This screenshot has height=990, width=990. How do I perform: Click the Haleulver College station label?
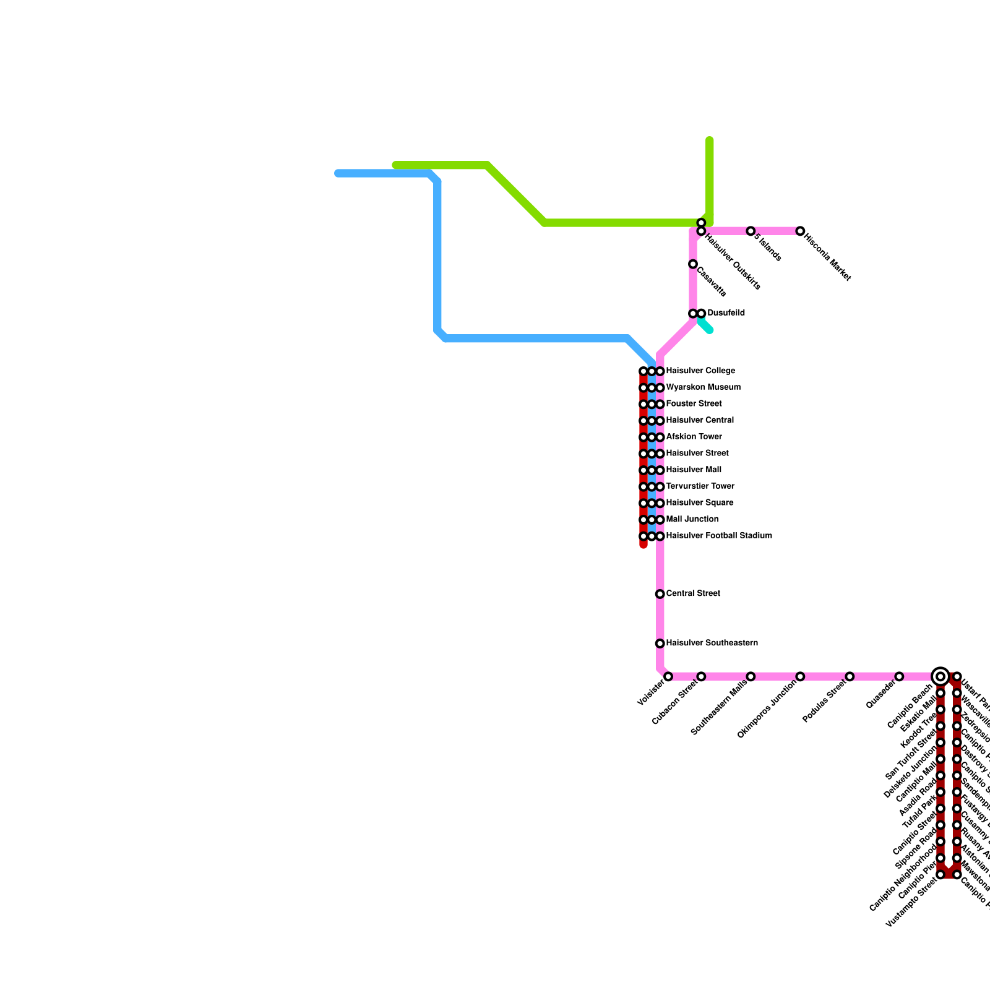click(700, 371)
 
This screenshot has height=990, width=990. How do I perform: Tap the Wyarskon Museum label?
click(703, 388)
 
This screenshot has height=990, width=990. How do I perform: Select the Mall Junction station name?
click(692, 520)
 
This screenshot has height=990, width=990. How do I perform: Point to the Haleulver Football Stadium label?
click(719, 536)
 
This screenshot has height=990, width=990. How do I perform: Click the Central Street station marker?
click(660, 594)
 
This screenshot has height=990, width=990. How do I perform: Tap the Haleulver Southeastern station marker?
click(660, 643)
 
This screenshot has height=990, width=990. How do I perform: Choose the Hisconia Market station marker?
click(800, 231)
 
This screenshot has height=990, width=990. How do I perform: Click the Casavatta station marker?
click(693, 264)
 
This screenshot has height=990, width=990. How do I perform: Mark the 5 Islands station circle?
click(751, 231)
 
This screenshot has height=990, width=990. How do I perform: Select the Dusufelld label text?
click(726, 313)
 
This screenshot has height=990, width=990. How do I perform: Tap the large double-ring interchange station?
click(940, 676)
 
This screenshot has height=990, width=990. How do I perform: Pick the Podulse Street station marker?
click(850, 676)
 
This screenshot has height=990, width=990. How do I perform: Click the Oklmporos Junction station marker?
click(800, 676)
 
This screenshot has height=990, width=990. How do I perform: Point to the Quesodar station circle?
click(899, 676)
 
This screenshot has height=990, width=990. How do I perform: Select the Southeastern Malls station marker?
click(751, 676)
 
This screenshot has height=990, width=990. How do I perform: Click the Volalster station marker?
click(668, 676)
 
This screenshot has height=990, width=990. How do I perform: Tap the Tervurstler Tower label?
click(700, 486)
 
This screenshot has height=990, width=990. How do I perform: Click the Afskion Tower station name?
click(694, 437)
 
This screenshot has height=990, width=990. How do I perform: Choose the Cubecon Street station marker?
click(701, 676)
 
